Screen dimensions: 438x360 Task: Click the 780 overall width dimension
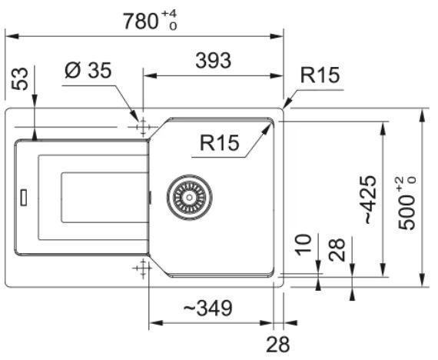(141, 22)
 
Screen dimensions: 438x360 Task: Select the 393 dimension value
(214, 61)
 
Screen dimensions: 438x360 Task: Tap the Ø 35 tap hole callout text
(88, 70)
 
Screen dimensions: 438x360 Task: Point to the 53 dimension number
(21, 79)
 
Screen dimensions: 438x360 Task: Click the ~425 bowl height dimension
(370, 200)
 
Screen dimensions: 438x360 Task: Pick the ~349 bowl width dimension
(207, 308)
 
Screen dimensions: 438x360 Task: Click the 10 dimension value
(304, 245)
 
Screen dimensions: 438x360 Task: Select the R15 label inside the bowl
(220, 142)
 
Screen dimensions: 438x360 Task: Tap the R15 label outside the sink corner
(320, 75)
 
